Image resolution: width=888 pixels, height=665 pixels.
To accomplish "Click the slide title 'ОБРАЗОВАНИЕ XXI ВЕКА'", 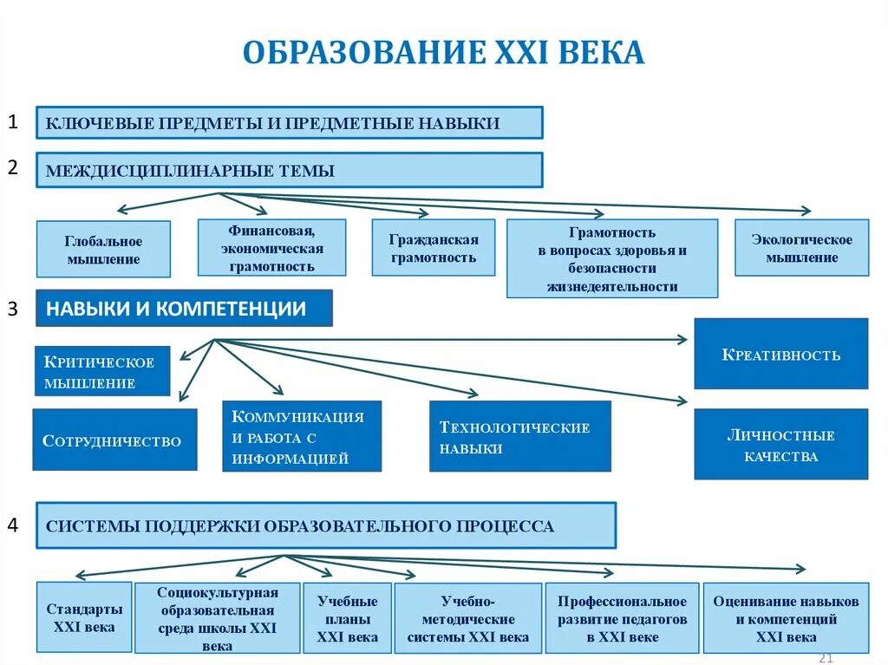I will tap(443, 52).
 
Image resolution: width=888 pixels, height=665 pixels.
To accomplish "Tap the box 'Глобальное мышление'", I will tap(103, 249).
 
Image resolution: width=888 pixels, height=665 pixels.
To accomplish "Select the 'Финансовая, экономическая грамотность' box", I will tap(271, 247).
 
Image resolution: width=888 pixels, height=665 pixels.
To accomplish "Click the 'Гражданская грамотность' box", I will tap(434, 248).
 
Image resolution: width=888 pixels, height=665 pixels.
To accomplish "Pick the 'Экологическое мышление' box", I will tap(801, 248).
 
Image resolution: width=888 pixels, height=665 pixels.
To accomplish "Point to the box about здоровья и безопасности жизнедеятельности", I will tap(612, 258).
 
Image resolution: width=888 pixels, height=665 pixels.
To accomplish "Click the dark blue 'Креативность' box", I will tap(780, 354).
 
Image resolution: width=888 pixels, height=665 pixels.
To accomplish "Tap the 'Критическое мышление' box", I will tap(102, 371).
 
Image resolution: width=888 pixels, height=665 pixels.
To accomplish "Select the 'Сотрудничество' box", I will tap(114, 440).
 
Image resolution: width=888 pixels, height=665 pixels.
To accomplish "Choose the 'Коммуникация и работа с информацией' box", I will tap(302, 436).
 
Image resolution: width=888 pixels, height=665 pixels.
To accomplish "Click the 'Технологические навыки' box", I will tap(519, 436).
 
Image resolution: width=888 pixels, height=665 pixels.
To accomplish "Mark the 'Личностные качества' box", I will tap(780, 444).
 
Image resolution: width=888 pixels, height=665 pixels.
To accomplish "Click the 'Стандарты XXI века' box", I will tap(84, 616).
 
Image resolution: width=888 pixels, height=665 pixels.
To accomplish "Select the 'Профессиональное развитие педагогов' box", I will tap(622, 617).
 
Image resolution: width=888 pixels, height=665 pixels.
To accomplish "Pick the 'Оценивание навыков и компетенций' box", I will tap(786, 617).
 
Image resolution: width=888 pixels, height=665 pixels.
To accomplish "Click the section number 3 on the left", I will tap(13, 308).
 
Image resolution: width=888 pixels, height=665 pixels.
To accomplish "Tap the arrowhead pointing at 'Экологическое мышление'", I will tap(806, 211).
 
